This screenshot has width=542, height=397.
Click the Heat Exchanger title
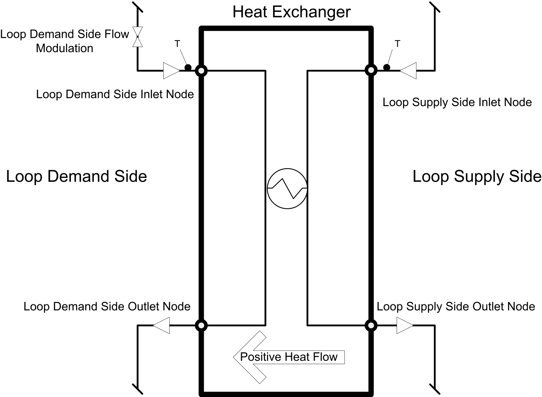point(291,12)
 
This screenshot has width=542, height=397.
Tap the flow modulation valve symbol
point(137,37)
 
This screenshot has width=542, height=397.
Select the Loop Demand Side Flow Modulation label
point(64,41)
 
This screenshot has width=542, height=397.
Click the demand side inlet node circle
point(201,71)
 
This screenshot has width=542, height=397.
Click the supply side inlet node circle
point(371,70)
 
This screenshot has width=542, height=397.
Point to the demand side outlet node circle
point(201,325)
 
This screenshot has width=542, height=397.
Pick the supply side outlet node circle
point(371,325)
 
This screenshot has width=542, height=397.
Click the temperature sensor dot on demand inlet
point(188,68)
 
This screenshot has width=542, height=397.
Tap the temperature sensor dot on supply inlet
point(386,68)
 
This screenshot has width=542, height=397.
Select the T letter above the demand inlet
point(177,44)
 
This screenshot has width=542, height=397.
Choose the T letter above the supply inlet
point(397,44)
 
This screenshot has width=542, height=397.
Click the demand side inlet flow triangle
point(171,71)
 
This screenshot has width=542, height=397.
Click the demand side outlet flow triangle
point(161,325)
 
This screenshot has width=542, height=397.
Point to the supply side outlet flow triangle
point(405,325)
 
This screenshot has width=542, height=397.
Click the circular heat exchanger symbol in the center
point(287,189)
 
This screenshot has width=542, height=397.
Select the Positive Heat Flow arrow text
point(289,357)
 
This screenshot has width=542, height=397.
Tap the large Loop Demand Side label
point(76,176)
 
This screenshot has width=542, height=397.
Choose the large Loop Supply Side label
point(477,176)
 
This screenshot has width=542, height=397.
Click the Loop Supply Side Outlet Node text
point(456,307)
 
